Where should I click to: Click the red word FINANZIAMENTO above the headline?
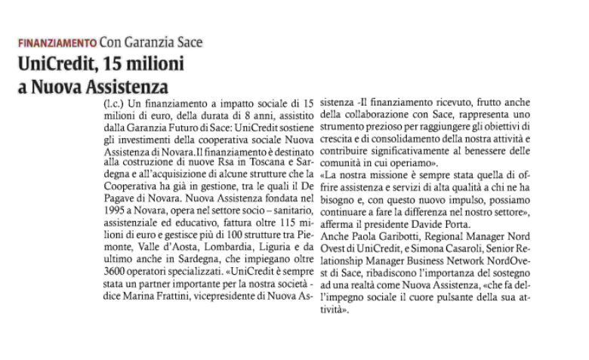pyautogui.click(x=57, y=42)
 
